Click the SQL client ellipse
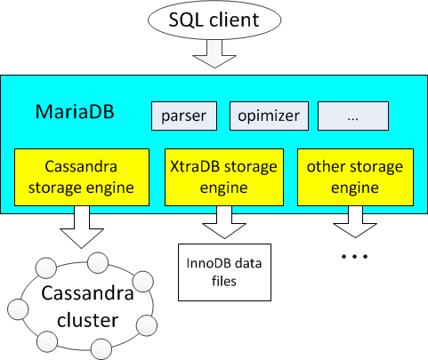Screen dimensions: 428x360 click(x=214, y=20)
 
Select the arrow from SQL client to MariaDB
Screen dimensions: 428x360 click(x=214, y=54)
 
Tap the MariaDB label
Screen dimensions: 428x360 click(x=75, y=112)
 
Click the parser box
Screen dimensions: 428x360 click(x=184, y=116)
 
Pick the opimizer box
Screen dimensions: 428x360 click(x=269, y=116)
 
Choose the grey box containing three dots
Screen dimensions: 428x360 click(x=353, y=116)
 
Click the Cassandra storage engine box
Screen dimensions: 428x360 click(x=82, y=177)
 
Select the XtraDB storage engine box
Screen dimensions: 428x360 click(x=224, y=177)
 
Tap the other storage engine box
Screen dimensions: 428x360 click(x=355, y=177)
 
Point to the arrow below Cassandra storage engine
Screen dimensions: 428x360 click(x=82, y=228)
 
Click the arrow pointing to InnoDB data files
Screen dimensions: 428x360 click(x=224, y=222)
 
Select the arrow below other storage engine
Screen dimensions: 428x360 click(x=355, y=222)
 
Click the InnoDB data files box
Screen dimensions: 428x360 click(x=224, y=272)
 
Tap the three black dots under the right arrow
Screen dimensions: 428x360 click(x=355, y=256)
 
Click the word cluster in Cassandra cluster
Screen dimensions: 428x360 click(x=88, y=320)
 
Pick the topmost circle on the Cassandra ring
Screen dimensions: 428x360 click(x=98, y=262)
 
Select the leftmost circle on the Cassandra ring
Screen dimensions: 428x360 click(x=18, y=309)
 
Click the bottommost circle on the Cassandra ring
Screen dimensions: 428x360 click(x=101, y=349)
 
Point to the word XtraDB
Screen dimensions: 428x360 click(x=196, y=166)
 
